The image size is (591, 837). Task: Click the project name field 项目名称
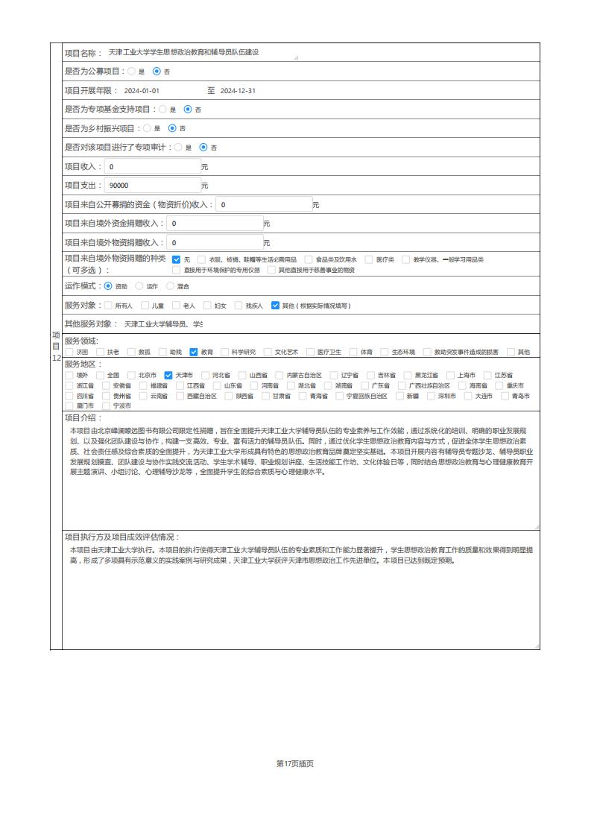(201, 53)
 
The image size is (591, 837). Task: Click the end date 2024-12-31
(238, 91)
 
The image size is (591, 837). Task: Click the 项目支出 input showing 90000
(152, 185)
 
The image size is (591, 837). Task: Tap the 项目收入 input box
(152, 166)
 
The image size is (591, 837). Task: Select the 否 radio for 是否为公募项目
(157, 72)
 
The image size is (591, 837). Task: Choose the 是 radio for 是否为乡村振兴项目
(147, 128)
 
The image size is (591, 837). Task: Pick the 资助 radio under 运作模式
(108, 285)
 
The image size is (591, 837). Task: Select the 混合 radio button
(170, 285)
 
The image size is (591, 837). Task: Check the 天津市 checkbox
(168, 375)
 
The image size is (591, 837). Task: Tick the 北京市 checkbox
(132, 375)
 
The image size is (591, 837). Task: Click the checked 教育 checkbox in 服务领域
(194, 352)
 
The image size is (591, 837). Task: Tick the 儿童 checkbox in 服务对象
(145, 305)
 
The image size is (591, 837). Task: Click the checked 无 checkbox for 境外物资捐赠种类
(177, 259)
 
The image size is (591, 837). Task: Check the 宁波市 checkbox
(106, 405)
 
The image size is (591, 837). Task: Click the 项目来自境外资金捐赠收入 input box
(215, 223)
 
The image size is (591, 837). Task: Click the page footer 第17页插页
(294, 763)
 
